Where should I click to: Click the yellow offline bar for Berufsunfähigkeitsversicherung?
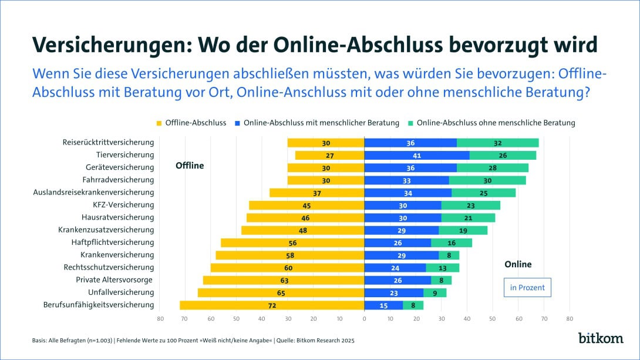coord(272,305)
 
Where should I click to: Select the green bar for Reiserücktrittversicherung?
coord(497,143)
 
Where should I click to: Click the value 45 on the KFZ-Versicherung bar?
coord(306,205)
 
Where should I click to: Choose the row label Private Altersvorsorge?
coord(114,280)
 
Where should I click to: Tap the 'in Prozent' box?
coord(527,288)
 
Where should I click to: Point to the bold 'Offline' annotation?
coord(190,166)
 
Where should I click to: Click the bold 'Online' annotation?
coord(518,264)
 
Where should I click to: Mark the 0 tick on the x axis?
coord(364,319)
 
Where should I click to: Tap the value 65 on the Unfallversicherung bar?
coord(281,293)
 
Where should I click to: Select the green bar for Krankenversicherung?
coord(449,255)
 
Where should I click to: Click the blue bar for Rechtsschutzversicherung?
coord(395,268)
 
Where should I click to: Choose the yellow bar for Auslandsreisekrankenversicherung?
coord(316,193)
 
